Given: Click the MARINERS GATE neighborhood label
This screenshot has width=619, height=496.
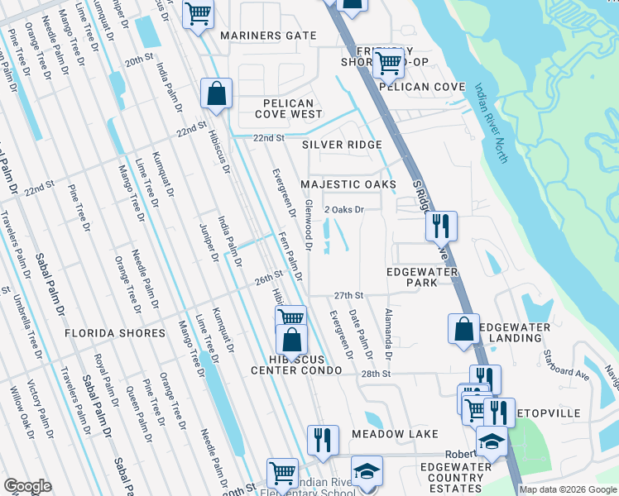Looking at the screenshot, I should [x=268, y=36].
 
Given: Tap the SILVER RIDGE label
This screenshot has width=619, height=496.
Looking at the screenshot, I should [x=342, y=145].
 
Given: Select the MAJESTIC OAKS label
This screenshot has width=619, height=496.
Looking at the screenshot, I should [x=348, y=184].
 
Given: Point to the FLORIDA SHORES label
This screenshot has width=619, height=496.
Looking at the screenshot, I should [x=114, y=333].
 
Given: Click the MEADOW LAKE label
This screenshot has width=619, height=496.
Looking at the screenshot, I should [x=393, y=434].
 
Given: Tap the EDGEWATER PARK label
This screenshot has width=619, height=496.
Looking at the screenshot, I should [x=411, y=277].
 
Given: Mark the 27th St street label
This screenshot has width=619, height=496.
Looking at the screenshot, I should [x=348, y=295].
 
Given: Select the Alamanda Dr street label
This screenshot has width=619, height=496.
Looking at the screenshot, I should [x=387, y=335].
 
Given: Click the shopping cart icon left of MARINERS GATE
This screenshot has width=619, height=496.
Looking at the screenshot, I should [x=198, y=14].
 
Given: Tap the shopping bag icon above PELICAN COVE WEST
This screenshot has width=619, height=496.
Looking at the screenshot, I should [x=216, y=94].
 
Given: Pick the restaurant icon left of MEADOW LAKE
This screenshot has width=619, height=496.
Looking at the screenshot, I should [x=322, y=439].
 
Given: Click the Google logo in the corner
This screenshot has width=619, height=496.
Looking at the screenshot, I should [x=27, y=486].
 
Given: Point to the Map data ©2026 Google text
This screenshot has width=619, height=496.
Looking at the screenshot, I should [x=568, y=489].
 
